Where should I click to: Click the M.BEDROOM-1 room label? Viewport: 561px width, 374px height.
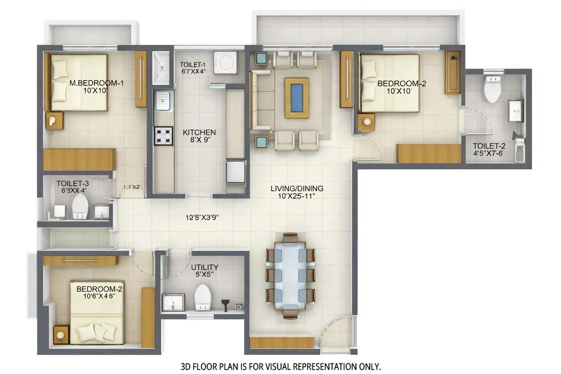(x=96, y=83)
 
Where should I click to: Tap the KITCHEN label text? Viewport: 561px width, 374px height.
(x=199, y=132)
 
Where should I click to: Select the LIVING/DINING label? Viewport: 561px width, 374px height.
(x=297, y=188)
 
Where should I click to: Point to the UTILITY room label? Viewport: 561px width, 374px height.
(x=205, y=267)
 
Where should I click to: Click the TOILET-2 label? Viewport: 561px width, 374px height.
(x=489, y=146)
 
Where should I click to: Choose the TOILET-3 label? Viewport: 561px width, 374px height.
(x=72, y=183)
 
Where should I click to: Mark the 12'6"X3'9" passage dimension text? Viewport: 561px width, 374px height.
(x=202, y=218)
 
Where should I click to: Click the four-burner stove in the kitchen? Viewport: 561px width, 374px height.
(x=163, y=136)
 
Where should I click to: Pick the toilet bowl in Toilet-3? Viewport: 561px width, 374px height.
(x=80, y=207)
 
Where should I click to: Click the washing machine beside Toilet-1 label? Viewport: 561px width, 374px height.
(x=225, y=63)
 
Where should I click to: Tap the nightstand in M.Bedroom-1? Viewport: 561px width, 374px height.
(x=54, y=121)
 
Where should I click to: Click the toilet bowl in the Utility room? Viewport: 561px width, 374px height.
(x=203, y=297)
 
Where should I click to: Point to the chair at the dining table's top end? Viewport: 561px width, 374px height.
(x=290, y=238)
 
